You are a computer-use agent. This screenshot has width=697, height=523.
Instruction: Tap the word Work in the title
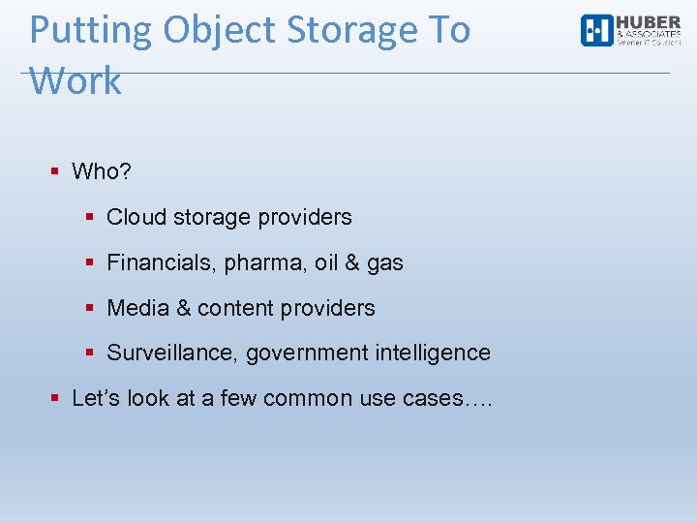pos(76,81)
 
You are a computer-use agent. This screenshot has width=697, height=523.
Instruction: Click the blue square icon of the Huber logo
pos(596,31)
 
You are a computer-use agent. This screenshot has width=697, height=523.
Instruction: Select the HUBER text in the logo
pos(648,22)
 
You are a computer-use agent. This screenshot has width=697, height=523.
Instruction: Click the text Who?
pos(102,172)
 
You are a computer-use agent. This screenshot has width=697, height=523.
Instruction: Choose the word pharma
pos(257,263)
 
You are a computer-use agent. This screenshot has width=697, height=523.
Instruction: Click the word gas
pos(385,263)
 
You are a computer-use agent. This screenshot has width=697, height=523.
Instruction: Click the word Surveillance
pos(171,353)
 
